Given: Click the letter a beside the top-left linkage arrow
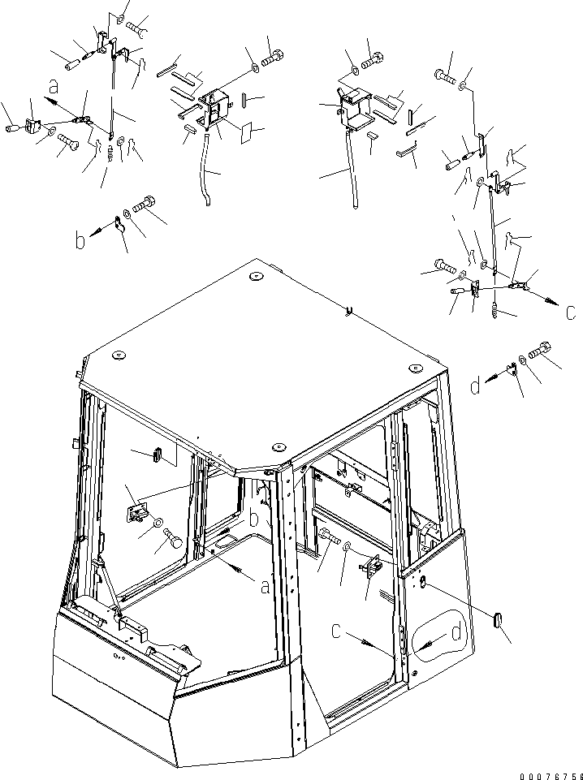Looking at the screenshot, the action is pyautogui.click(x=54, y=88).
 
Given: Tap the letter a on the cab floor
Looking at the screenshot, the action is pyautogui.click(x=266, y=587).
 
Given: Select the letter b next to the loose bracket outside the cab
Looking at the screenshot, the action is pyautogui.click(x=80, y=241).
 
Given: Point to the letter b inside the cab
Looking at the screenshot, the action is pyautogui.click(x=253, y=519).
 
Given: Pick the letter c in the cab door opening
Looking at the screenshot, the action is pyautogui.click(x=337, y=631).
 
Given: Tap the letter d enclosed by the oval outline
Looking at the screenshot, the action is pyautogui.click(x=456, y=634).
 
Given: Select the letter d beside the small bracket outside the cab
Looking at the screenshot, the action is pyautogui.click(x=476, y=386).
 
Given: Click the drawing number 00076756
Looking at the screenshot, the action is pyautogui.click(x=551, y=776).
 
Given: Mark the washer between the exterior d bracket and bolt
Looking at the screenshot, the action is pyautogui.click(x=523, y=360).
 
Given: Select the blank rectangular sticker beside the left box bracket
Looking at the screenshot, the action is pyautogui.click(x=247, y=133).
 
